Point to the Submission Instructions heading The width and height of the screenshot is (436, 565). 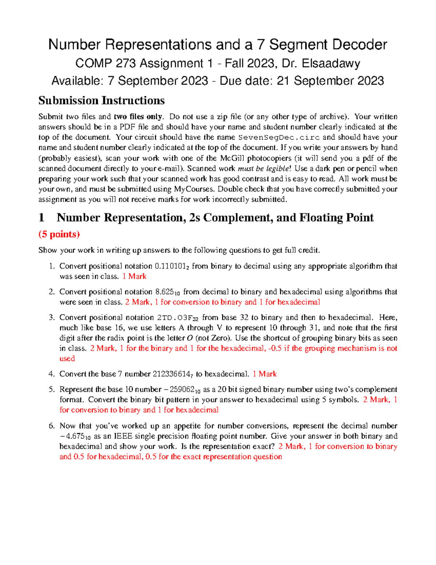pyautogui.click(x=101, y=100)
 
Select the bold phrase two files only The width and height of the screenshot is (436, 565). pyautogui.click(x=138, y=117)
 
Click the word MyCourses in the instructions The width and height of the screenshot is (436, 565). pyautogui.click(x=194, y=189)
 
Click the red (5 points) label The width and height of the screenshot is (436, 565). pyautogui.click(x=59, y=234)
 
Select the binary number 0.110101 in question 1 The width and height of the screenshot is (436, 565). pyautogui.click(x=171, y=266)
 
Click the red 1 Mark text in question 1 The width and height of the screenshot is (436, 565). pyautogui.click(x=134, y=276)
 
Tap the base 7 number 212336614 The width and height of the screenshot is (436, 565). pyautogui.click(x=172, y=374)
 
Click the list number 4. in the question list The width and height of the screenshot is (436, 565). pyautogui.click(x=52, y=374)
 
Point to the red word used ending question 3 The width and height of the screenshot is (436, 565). pyautogui.click(x=67, y=359)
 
